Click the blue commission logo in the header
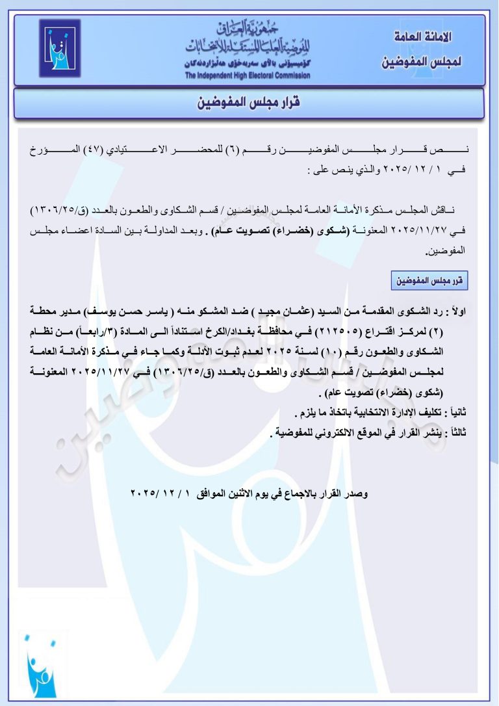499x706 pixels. click(x=59, y=49)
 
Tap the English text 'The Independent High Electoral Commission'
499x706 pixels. click(x=248, y=75)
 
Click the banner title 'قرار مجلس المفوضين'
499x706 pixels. click(x=249, y=103)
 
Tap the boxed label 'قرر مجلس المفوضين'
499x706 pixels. click(x=430, y=281)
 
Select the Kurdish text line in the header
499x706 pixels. click(x=248, y=64)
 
